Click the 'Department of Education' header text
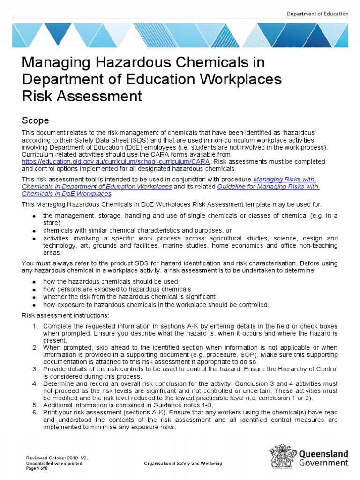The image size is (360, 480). [x=317, y=14]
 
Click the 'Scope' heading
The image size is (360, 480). [x=36, y=120]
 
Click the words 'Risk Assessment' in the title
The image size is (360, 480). [x=82, y=96]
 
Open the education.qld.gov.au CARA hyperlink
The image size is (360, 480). [x=116, y=161]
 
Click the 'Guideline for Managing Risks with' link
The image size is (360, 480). [x=268, y=187]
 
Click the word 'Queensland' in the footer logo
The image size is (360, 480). [x=323, y=454]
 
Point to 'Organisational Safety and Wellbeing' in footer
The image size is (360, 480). [x=184, y=463]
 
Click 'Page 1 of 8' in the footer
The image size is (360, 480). [x=37, y=468]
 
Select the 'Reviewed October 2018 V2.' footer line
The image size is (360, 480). [x=57, y=457]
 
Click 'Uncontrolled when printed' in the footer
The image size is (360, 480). [x=54, y=463]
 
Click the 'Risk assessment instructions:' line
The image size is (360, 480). [x=65, y=315]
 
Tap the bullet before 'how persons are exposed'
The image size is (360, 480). [x=34, y=290]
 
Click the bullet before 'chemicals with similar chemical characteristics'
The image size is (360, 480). [x=34, y=231]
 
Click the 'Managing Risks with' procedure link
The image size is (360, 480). [x=284, y=180]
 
